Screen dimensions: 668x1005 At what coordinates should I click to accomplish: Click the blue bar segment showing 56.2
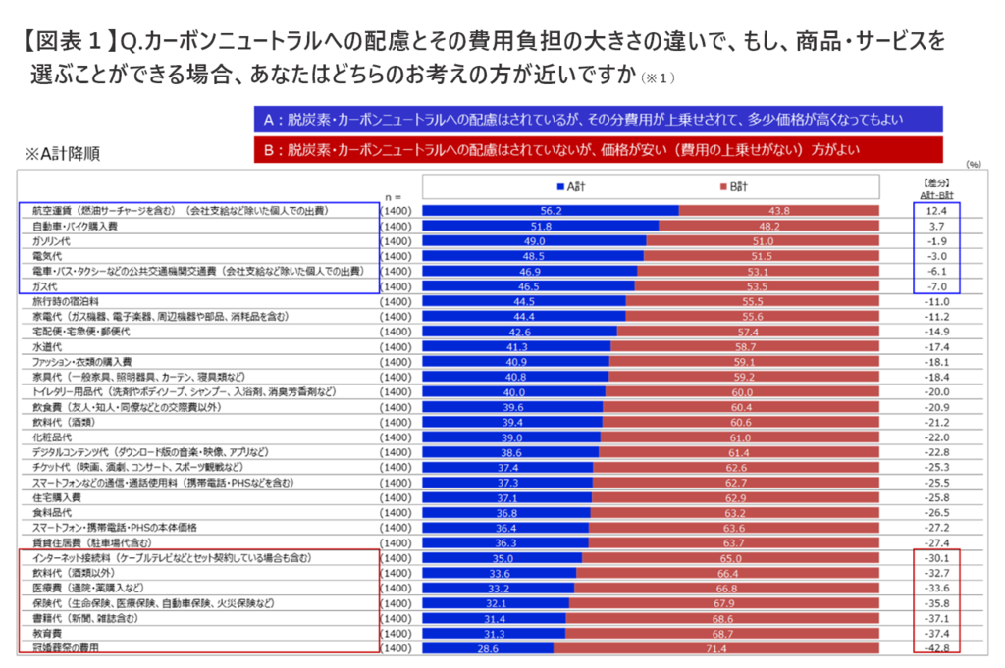pos(551,211)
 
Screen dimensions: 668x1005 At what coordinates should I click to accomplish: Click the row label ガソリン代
pos(48,240)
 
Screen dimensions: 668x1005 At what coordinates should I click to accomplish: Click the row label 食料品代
pos(48,512)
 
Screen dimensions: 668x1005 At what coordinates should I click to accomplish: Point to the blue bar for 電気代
pos(535,256)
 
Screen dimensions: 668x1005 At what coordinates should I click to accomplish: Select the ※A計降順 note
pos(64,154)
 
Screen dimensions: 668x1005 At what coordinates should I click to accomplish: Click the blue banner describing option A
pos(598,120)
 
